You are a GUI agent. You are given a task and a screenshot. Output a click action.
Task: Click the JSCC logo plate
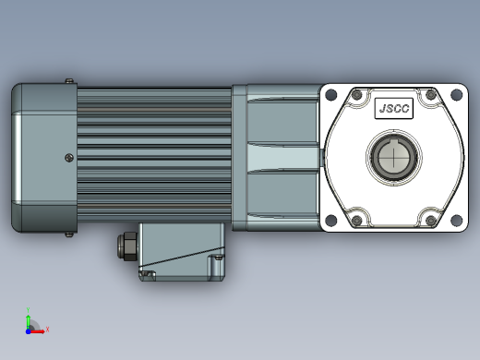point(394,108)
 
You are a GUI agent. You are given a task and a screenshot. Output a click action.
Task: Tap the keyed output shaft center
point(394,157)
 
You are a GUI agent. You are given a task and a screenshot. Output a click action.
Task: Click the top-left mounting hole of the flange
point(331,94)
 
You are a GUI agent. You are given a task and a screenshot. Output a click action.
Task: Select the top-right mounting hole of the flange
point(456,94)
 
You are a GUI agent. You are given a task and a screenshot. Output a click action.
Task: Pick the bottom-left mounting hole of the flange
point(331,220)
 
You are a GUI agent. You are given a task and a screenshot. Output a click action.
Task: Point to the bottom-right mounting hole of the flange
point(456,220)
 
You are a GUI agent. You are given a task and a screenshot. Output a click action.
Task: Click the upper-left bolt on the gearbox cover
point(357,95)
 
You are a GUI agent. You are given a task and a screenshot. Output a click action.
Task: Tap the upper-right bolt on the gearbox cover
point(431,95)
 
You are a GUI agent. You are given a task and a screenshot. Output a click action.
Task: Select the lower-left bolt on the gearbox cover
point(357,220)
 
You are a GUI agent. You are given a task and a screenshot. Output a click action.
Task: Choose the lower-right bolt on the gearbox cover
point(431,220)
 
